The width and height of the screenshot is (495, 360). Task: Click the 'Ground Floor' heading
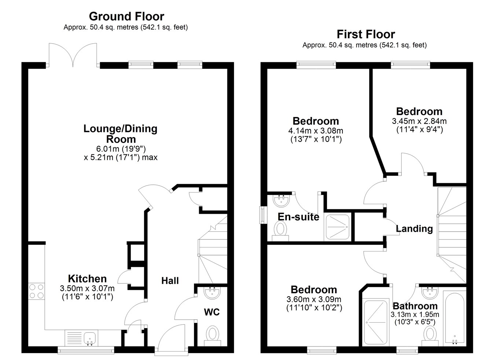[x=126, y=16]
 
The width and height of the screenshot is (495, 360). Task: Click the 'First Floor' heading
[x=366, y=34]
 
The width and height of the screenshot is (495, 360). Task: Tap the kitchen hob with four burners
[x=36, y=291]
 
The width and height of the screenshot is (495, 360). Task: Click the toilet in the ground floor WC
[x=212, y=334]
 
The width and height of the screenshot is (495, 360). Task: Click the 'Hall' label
[x=170, y=281]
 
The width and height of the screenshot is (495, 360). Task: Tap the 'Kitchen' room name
[x=87, y=279]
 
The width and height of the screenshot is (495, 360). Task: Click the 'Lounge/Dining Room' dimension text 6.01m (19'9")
[x=120, y=149]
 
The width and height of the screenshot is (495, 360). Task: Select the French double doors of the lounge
[x=74, y=55]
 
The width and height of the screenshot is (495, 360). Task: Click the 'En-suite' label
[x=298, y=217]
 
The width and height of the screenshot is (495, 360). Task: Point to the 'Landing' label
[x=414, y=229]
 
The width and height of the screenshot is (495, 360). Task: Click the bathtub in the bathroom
[x=454, y=318]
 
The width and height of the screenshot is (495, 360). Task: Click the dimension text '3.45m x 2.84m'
[x=419, y=121]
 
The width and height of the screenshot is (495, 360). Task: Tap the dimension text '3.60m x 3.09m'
[x=314, y=300]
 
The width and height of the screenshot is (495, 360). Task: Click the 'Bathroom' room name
[x=415, y=306]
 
